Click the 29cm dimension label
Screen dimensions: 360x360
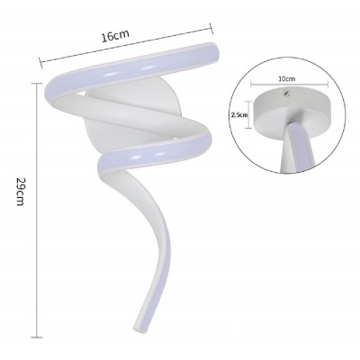[20, 192]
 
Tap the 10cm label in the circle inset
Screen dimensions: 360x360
[287, 79]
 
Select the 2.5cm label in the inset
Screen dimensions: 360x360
[239, 114]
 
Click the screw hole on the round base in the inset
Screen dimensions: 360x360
[287, 94]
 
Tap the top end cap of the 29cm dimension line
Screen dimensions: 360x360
[37, 84]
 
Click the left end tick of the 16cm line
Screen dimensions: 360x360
[40, 62]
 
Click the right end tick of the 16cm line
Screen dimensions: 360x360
[211, 29]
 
